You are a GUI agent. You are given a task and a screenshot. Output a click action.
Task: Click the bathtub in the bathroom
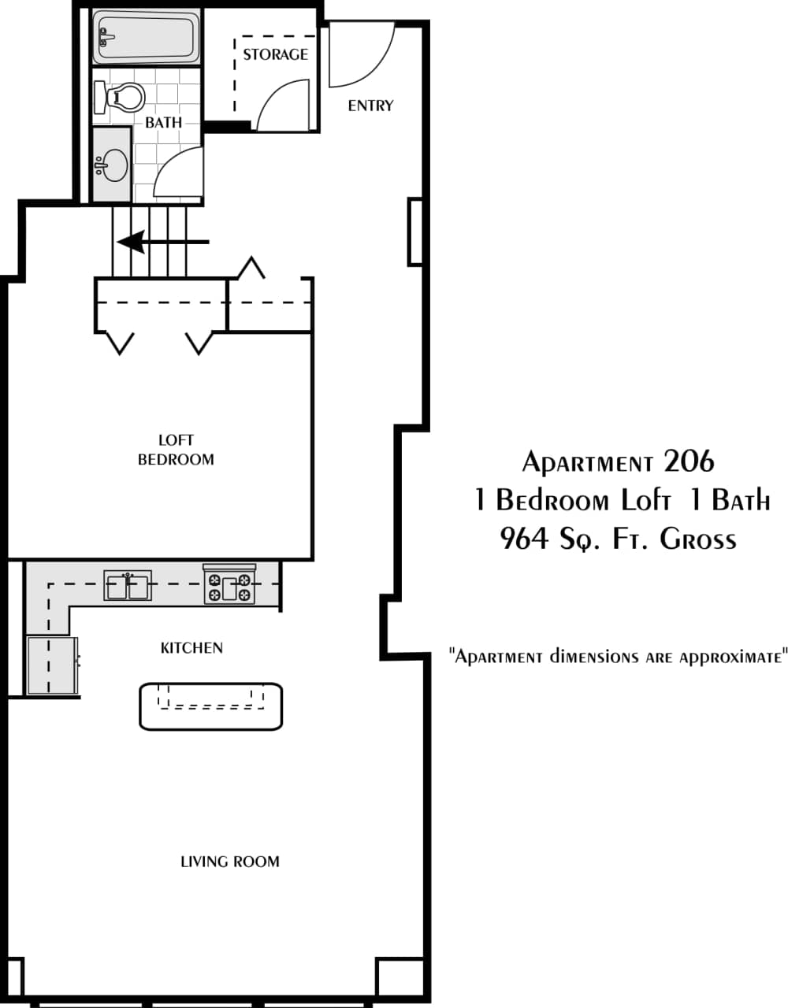pyautogui.click(x=147, y=36)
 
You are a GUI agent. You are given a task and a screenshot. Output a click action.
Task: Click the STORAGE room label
pyautogui.click(x=275, y=54)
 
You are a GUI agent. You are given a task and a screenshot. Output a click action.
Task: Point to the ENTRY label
pyautogui.click(x=370, y=106)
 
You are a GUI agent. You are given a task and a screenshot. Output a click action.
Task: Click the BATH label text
pyautogui.click(x=163, y=123)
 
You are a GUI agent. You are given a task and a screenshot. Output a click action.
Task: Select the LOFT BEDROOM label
pyautogui.click(x=176, y=450)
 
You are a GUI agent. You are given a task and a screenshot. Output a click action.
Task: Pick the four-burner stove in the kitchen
pyautogui.click(x=229, y=586)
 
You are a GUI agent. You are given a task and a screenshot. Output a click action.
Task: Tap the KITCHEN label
pyautogui.click(x=191, y=648)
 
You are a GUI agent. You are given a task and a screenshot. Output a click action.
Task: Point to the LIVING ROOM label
pyautogui.click(x=230, y=862)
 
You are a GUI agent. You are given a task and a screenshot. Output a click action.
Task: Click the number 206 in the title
pyautogui.click(x=689, y=461)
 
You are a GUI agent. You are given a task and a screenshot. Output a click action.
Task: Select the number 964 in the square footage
pyautogui.click(x=524, y=539)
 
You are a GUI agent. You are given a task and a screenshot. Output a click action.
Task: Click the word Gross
pyautogui.click(x=697, y=539)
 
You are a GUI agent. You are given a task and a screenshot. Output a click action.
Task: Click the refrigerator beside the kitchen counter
pyautogui.click(x=52, y=666)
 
